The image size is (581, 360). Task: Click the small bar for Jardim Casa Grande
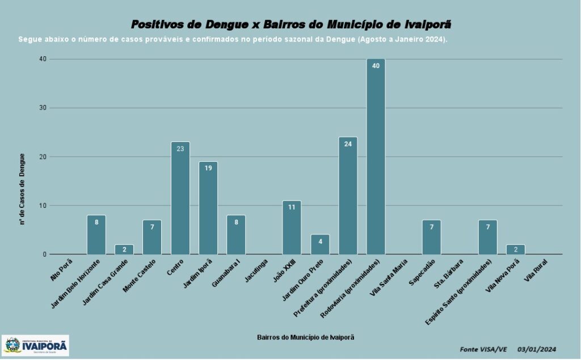pyautogui.click(x=124, y=249)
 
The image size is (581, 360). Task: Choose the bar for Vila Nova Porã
pyautogui.click(x=515, y=249)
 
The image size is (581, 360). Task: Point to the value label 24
pyautogui.click(x=348, y=144)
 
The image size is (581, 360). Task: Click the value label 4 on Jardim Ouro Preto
pyautogui.click(x=320, y=241)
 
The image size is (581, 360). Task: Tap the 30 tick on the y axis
pyautogui.click(x=43, y=108)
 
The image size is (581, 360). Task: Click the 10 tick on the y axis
pyautogui.click(x=43, y=206)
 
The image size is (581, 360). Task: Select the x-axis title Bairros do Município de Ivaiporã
pyautogui.click(x=305, y=337)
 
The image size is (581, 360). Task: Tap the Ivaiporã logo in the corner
pyautogui.click(x=36, y=345)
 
